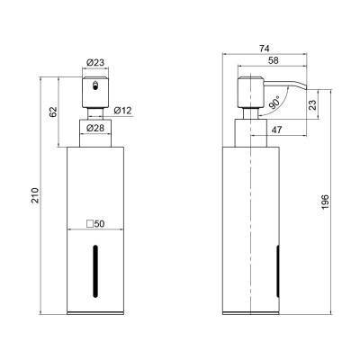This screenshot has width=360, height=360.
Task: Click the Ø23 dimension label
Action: (x=95, y=63)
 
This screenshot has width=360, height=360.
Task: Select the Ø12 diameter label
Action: (x=122, y=111)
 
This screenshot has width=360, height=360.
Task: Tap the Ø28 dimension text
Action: (x=95, y=128)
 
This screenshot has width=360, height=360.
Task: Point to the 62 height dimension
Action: (x=53, y=112)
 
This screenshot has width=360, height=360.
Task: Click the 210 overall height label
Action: (x=35, y=195)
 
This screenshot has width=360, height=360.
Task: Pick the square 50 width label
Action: (x=95, y=224)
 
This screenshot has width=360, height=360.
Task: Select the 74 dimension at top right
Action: (x=264, y=49)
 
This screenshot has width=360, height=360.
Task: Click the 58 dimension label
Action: (x=273, y=60)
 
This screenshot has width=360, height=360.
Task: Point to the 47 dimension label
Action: (x=276, y=130)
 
